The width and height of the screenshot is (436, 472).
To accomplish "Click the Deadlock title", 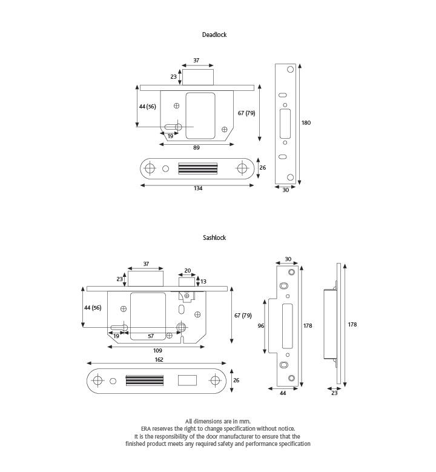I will point(214,35).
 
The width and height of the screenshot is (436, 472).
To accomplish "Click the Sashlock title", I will point(214,238).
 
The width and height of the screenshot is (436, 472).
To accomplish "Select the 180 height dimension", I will point(306,123).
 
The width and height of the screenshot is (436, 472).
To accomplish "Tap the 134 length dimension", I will point(198,188).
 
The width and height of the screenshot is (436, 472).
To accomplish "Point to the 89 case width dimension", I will point(197,147).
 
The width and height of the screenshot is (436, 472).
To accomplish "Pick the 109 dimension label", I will point(157,351).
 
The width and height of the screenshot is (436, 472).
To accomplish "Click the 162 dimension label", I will point(158,360).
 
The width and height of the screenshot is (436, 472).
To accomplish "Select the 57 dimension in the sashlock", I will point(151,336).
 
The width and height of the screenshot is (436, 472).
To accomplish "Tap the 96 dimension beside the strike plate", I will point(261,326).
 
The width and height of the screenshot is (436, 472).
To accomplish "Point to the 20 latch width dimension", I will point(187,271).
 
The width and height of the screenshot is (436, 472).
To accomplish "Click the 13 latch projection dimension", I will point(203,282).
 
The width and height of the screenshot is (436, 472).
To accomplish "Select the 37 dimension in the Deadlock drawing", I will point(197,61).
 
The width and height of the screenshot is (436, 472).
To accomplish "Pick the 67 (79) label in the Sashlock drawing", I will point(242,316).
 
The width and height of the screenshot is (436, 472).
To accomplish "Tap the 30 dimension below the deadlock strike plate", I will point(285,190).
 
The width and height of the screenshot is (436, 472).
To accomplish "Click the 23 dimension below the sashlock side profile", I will point(335,393).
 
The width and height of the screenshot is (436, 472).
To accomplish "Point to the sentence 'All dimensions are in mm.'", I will point(217,421).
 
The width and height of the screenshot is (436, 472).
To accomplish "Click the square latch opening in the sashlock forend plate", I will point(187,381).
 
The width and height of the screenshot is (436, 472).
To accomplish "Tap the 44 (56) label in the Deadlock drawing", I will point(147,106).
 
